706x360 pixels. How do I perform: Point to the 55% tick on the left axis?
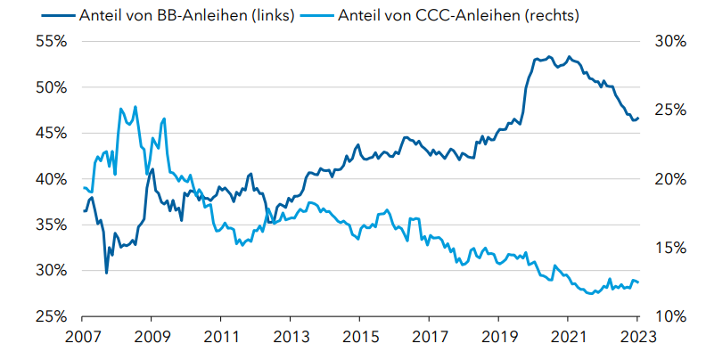pyautogui.click(x=51, y=42)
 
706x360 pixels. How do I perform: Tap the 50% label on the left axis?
pyautogui.click(x=51, y=87)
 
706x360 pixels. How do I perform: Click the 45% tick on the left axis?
pyautogui.click(x=51, y=133)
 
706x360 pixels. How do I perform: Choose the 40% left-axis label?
pyautogui.click(x=51, y=179)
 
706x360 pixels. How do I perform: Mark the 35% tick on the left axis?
pyautogui.click(x=51, y=225)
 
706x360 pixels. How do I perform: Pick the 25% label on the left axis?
pyautogui.click(x=51, y=316)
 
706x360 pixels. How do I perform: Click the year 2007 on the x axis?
pyautogui.click(x=82, y=338)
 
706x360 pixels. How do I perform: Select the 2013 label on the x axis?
pyautogui.click(x=291, y=338)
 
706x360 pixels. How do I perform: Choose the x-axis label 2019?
pyautogui.click(x=499, y=338)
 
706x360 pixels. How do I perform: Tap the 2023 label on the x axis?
pyautogui.click(x=638, y=338)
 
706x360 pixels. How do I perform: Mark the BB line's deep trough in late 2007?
pyautogui.click(x=107, y=272)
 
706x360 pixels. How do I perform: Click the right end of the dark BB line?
pyautogui.click(x=638, y=118)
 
